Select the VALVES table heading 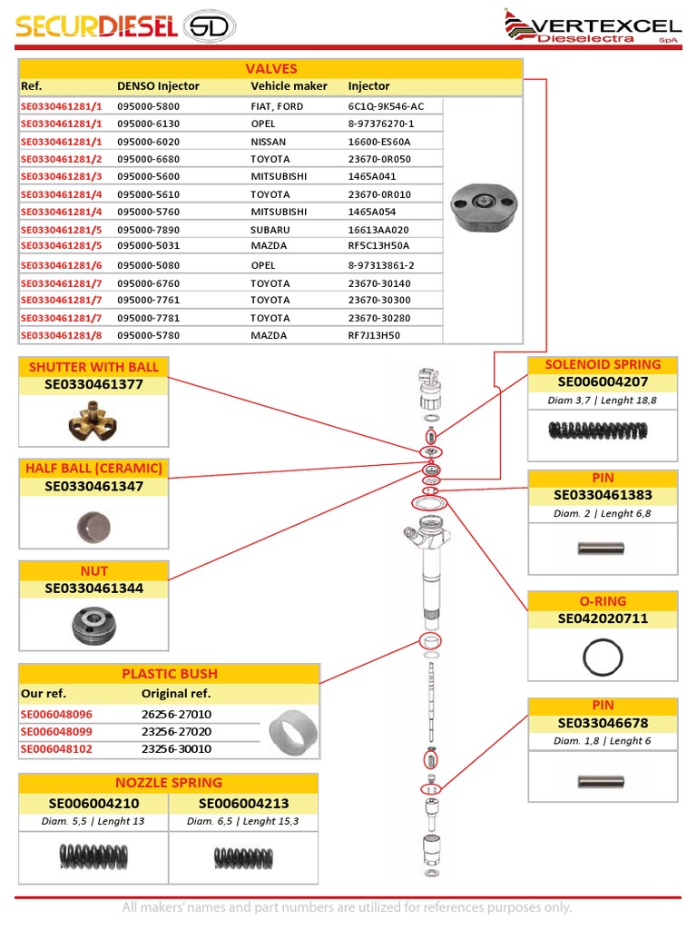pyautogui.click(x=270, y=69)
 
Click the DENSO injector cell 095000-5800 pyautogui.click(x=148, y=106)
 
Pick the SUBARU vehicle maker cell pyautogui.click(x=270, y=230)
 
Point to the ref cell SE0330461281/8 pyautogui.click(x=62, y=335)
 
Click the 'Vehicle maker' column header pyautogui.click(x=289, y=86)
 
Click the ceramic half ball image pyautogui.click(x=93, y=525)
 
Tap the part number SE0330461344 pyautogui.click(x=93, y=589)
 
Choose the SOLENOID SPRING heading pyautogui.click(x=603, y=365)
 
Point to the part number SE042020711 pyautogui.click(x=603, y=619)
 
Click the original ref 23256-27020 pyautogui.click(x=176, y=732)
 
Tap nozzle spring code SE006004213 pyautogui.click(x=242, y=803)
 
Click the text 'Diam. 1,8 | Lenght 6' pyautogui.click(x=603, y=741)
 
